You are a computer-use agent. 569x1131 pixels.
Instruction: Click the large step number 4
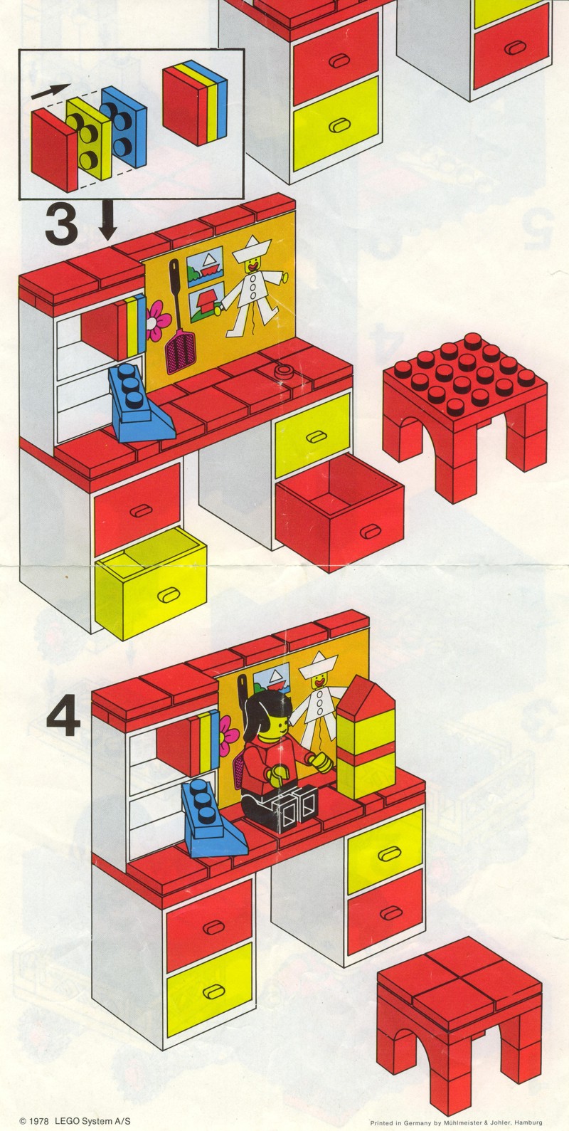63,718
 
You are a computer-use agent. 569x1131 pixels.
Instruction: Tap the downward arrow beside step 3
107,220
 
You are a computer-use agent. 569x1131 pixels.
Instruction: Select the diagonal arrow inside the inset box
50,91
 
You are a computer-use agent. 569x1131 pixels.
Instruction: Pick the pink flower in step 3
158,320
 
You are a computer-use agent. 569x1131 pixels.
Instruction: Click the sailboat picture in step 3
206,262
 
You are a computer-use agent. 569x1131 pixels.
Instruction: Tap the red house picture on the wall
207,300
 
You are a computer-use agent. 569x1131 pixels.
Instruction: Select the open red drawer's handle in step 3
371,531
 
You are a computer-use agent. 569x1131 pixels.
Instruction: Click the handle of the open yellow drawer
167,595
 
